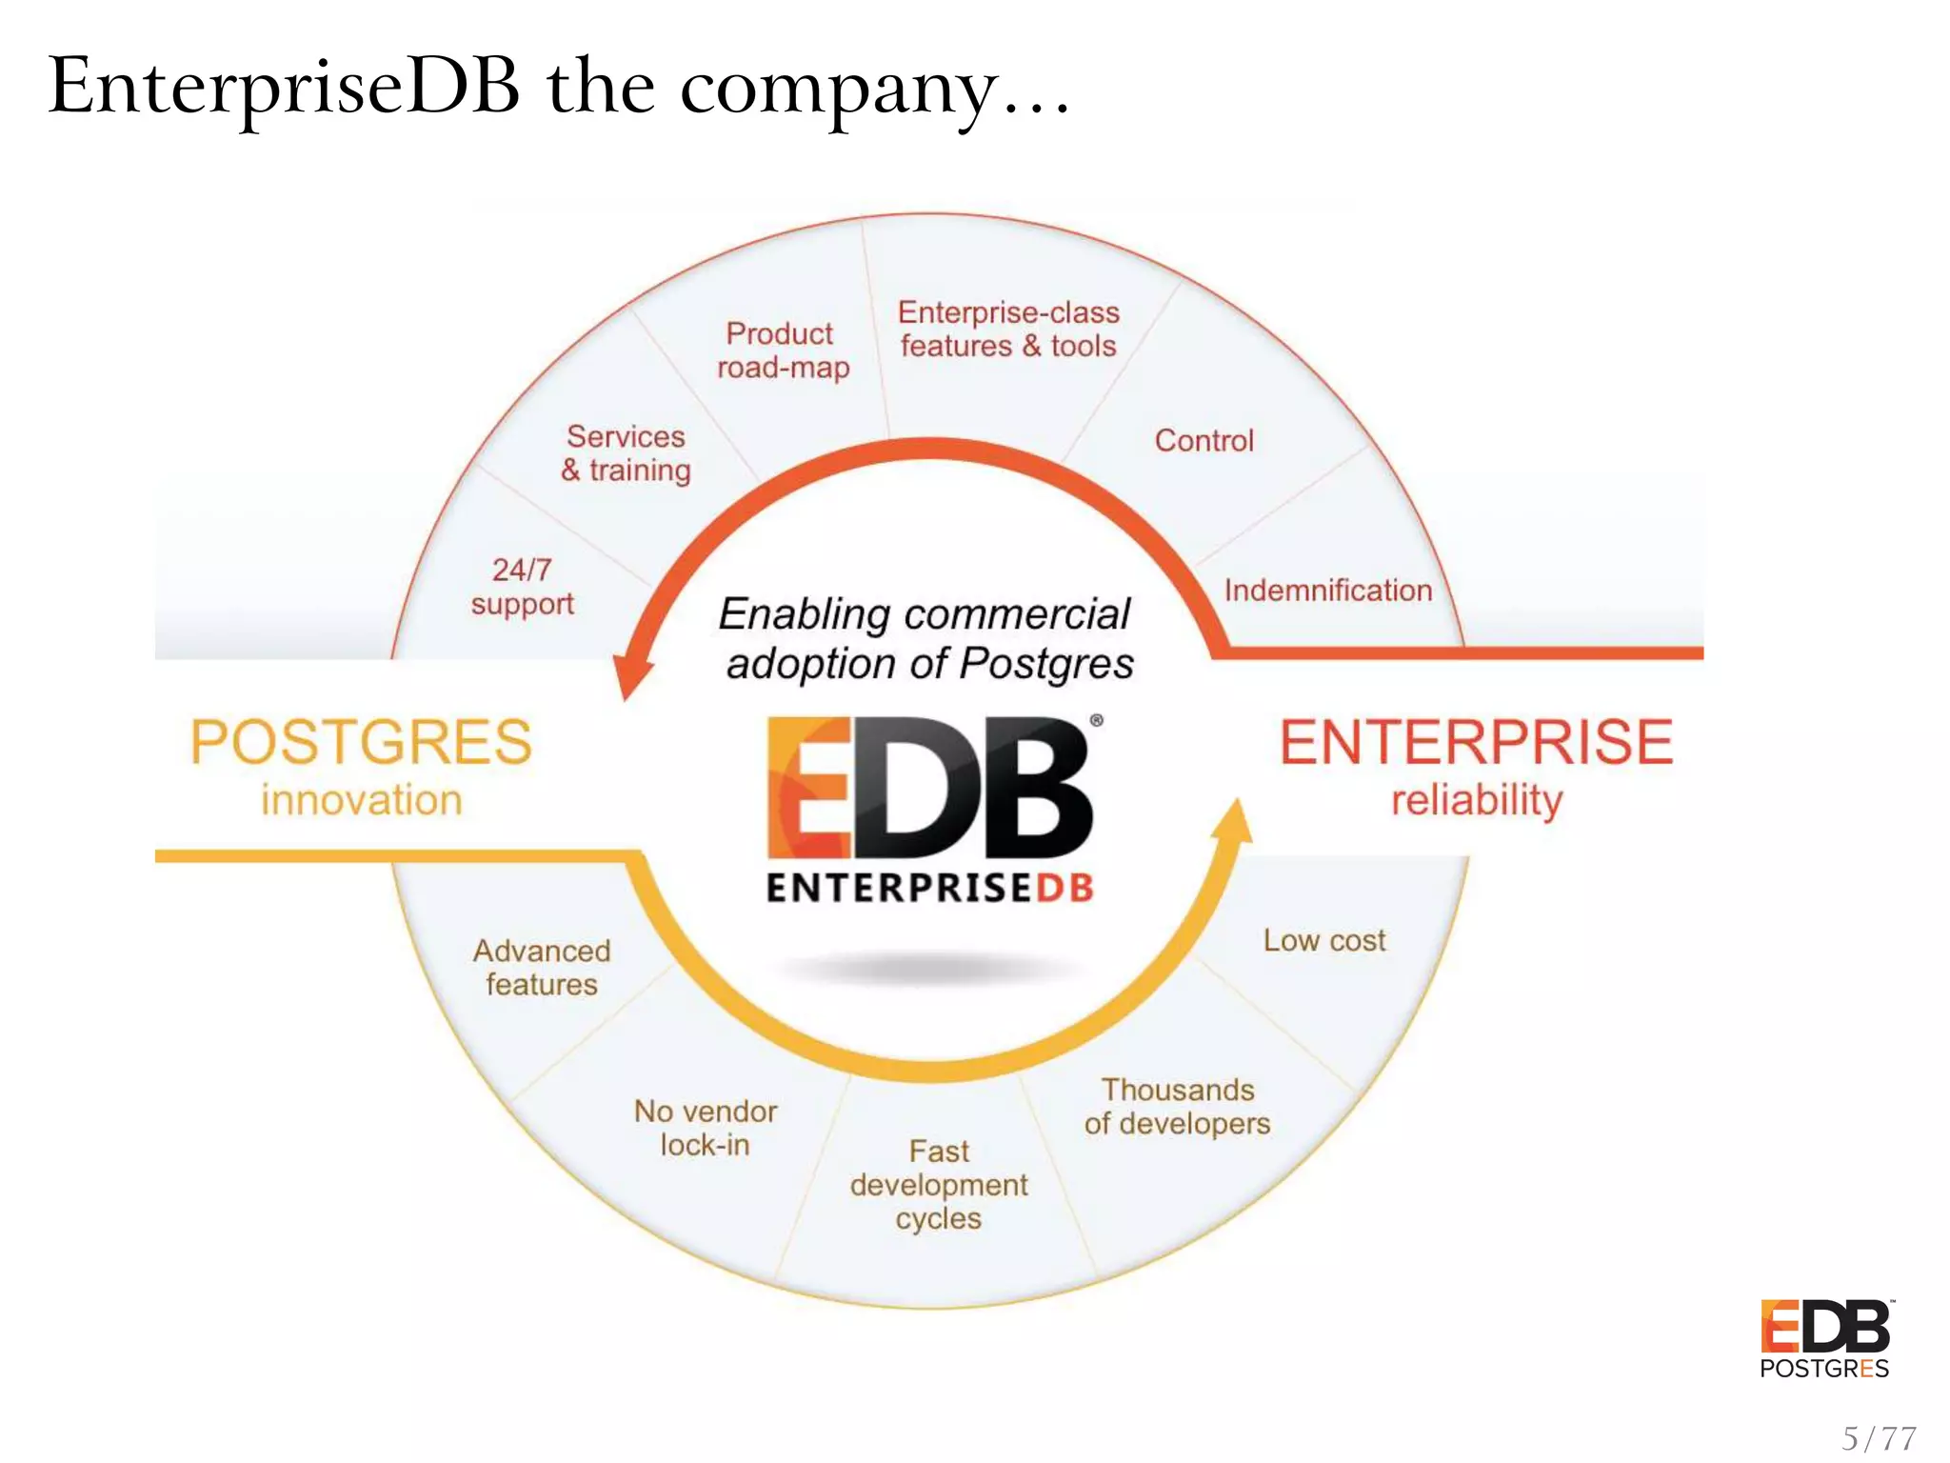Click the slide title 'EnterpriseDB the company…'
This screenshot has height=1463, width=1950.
tap(560, 88)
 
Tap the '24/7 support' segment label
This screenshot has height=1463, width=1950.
tap(522, 587)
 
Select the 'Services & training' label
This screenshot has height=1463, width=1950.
tap(626, 453)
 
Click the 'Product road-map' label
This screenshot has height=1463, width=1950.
tap(782, 351)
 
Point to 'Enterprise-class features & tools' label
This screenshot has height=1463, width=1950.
tap(1008, 330)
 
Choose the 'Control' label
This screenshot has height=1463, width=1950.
tap(1204, 440)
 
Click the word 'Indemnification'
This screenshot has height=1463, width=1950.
tap(1327, 591)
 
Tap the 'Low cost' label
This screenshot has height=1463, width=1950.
tap(1323, 940)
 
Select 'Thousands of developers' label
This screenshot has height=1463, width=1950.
tap(1177, 1107)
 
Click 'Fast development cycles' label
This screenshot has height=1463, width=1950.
tap(939, 1184)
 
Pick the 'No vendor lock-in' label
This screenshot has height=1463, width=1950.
tap(706, 1128)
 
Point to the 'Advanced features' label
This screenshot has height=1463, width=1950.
tap(542, 967)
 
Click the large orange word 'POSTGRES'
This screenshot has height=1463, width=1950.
tap(361, 742)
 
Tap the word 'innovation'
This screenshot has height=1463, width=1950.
tap(362, 800)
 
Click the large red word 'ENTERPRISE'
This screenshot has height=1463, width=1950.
tap(1476, 742)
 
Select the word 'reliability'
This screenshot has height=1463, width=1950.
tap(1477, 800)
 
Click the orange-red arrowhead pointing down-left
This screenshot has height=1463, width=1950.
tap(631, 675)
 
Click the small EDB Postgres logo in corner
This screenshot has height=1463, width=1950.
tap(1825, 1338)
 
